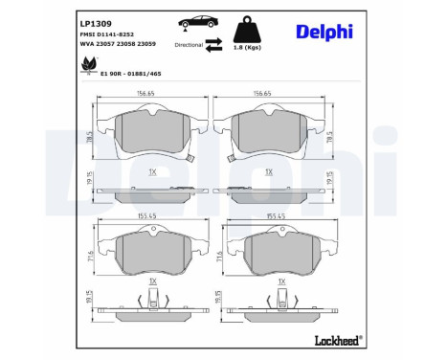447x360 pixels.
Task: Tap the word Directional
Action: pyautogui.click(x=189, y=44)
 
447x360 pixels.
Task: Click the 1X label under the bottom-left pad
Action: pyautogui.click(x=152, y=282)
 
